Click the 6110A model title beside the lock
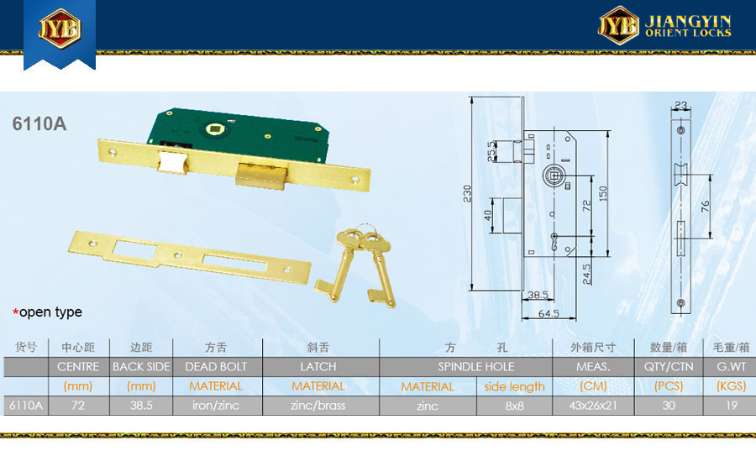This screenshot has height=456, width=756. [39, 124]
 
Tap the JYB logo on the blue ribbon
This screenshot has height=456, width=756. [60, 29]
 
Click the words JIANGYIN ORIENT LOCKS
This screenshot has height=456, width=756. [689, 27]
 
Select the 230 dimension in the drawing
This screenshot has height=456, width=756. [467, 193]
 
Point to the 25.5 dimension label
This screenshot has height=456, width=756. [491, 151]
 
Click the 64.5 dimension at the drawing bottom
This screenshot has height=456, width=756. [549, 314]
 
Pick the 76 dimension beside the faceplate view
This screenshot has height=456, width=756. [705, 207]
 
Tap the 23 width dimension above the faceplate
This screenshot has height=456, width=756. [680, 105]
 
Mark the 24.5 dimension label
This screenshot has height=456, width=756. [586, 274]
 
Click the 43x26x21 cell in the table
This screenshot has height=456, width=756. [593, 406]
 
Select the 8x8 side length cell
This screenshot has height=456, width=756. [514, 406]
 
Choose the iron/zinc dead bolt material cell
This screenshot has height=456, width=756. [216, 406]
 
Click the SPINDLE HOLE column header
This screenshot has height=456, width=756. [476, 367]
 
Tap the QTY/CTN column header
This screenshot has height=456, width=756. [669, 367]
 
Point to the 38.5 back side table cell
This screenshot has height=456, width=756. [141, 406]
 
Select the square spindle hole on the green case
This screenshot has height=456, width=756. [213, 128]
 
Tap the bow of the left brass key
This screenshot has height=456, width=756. [349, 239]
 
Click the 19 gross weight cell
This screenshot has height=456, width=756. [732, 406]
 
